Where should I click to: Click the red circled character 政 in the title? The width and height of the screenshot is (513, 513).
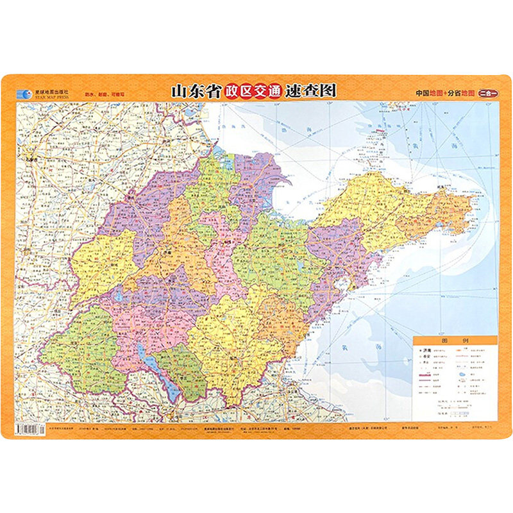(231, 91)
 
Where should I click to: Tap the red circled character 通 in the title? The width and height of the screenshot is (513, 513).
(274, 91)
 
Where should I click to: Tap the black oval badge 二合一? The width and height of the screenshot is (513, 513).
(489, 92)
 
